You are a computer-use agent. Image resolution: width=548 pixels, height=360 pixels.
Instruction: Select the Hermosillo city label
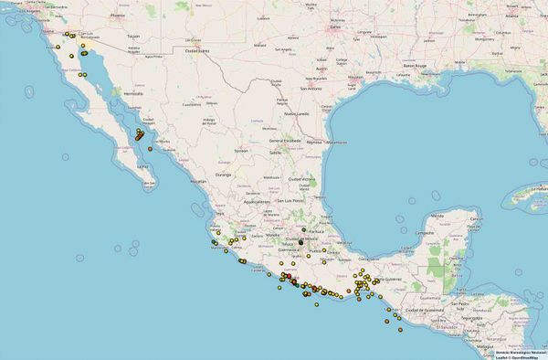click(x=133, y=93)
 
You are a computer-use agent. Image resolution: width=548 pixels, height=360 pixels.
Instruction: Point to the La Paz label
click(x=142, y=167)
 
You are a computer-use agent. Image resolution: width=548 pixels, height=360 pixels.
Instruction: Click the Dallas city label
click(x=334, y=26)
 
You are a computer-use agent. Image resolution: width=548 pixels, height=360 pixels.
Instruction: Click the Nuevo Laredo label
click(x=295, y=113)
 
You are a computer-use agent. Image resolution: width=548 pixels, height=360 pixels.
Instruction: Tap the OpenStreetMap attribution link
click(x=525, y=356)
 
